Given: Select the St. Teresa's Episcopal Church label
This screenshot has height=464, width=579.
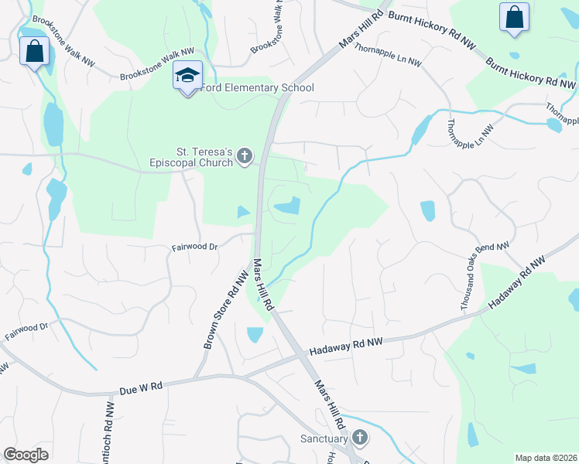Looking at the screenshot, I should tap(190, 157).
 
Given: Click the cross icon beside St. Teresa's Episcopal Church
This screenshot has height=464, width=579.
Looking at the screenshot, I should tap(245, 157).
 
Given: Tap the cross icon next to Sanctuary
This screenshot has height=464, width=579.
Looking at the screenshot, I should tap(358, 438).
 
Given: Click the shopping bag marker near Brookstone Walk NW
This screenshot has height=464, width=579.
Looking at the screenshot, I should tap(33, 52).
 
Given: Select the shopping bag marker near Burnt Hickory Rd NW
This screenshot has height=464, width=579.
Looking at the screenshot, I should tap(514, 17).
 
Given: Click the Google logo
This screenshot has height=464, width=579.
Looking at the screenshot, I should tap(26, 454).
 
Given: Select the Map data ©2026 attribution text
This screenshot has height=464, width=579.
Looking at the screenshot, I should tap(546, 457).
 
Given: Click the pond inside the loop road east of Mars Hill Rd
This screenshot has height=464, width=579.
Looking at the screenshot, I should tap(288, 206).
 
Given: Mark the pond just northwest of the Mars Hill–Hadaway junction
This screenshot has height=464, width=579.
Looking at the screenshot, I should tap(255, 335).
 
